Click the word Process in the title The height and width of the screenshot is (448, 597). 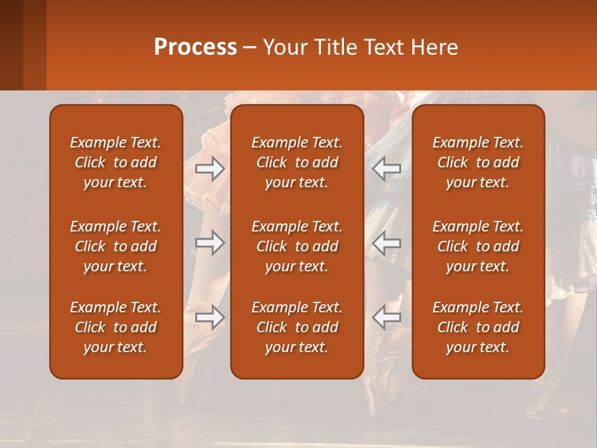pos(195,47)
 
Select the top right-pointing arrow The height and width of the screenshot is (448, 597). pos(210,169)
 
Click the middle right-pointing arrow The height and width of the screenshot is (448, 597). pos(210,243)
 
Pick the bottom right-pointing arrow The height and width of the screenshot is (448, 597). pos(210,317)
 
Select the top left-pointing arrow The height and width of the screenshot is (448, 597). pos(387,169)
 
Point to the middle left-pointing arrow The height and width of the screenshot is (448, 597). pos(387,243)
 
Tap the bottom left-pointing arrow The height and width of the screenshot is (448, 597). pos(387,317)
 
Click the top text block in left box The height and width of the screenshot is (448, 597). pos(116,162)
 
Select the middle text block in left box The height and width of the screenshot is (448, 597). pos(116,246)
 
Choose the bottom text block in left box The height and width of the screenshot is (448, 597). pos(116,327)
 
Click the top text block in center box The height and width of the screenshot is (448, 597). pos(297,162)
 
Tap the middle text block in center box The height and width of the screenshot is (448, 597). pos(297,246)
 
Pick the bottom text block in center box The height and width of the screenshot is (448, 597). pos(297,327)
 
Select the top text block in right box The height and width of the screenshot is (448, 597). pos(478,162)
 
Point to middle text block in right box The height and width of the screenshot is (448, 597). pos(478,246)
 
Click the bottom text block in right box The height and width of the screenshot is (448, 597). pos(478,327)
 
